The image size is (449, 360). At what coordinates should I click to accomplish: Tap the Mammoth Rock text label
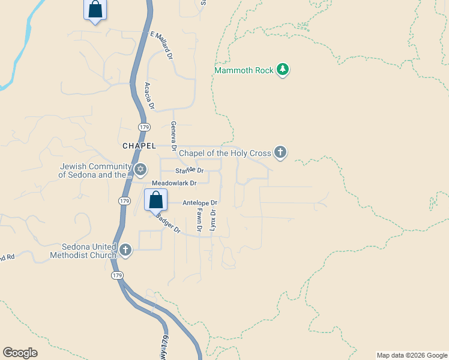pos(244,71)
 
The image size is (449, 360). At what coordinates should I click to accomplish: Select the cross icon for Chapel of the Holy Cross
pos(280,152)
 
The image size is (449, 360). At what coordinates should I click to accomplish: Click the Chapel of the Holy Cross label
pos(226,153)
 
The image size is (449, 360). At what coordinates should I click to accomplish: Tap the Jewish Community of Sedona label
pos(95,170)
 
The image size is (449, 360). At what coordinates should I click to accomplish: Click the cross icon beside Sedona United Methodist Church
pos(125,250)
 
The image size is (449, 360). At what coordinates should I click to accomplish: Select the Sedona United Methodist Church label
pos(89,251)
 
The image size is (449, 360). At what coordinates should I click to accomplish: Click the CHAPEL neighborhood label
pos(139,146)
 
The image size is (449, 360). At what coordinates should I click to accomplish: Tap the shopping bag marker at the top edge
pos(95,10)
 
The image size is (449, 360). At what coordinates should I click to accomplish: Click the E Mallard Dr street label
pos(161,46)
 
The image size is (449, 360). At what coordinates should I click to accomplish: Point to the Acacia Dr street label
pos(149,97)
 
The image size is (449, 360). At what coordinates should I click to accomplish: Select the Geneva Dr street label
pos(173,136)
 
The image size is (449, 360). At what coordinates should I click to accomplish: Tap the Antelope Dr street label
pos(199,203)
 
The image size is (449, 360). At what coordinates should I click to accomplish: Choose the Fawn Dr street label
pos(199,220)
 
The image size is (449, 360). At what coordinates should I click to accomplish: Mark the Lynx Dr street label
pos(212,220)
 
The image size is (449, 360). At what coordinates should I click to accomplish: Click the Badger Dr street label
pos(167,223)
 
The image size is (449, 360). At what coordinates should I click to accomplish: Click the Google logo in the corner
pos(20,353)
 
